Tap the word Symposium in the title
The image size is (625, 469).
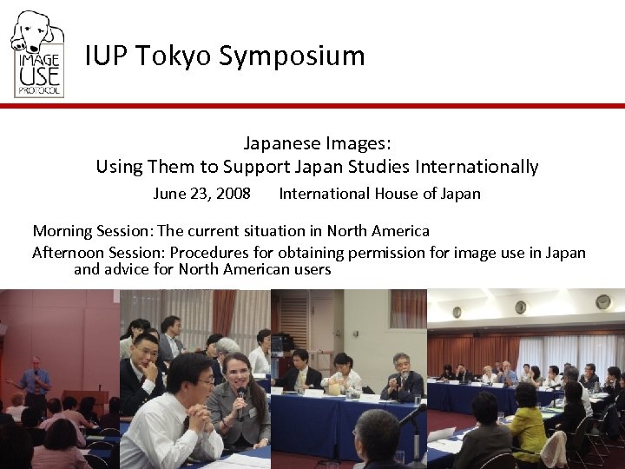(x=292, y=56)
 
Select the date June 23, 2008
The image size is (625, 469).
(x=201, y=194)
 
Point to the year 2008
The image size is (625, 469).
(x=233, y=194)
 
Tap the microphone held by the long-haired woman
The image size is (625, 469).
(x=240, y=399)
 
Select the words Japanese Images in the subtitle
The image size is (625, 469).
(x=317, y=142)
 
